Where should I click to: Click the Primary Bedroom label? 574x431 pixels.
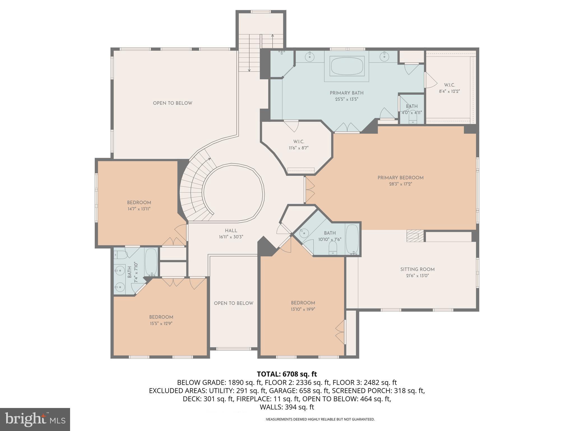click(x=400, y=178)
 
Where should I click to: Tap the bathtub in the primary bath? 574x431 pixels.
click(x=347, y=67)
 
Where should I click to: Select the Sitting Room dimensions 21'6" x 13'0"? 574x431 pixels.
click(x=417, y=276)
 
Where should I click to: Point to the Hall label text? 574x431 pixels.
click(x=231, y=230)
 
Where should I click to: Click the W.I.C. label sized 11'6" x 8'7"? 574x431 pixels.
click(x=298, y=142)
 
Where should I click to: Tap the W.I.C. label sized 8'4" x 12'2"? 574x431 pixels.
click(x=449, y=85)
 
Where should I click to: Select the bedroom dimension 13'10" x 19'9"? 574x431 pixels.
click(x=303, y=309)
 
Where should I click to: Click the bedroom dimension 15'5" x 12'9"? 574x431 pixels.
click(x=161, y=323)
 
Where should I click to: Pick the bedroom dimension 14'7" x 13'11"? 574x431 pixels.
click(x=139, y=209)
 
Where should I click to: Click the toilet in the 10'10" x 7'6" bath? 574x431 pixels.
click(x=332, y=248)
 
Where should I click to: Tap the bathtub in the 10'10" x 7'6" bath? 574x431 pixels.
click(x=352, y=239)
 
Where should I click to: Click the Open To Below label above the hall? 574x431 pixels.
click(x=172, y=103)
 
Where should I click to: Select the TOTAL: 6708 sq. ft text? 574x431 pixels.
click(x=287, y=374)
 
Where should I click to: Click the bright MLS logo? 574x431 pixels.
click(x=35, y=419)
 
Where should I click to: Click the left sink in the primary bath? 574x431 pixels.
click(x=310, y=57)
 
